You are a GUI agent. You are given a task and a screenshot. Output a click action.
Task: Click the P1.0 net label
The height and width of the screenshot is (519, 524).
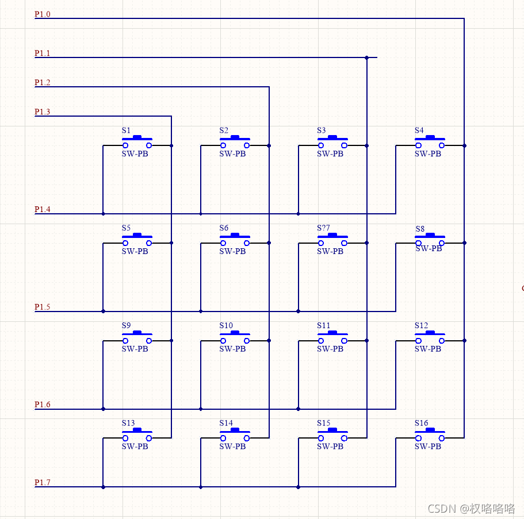point(42,14)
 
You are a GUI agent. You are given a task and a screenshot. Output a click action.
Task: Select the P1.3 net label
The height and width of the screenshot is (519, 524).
point(42,112)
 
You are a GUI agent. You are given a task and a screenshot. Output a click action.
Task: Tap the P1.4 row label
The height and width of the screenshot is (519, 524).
point(42,210)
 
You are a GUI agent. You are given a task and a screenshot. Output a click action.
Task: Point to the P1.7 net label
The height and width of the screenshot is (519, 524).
point(42,483)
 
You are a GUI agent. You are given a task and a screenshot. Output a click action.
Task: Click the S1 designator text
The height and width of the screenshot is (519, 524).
point(126,131)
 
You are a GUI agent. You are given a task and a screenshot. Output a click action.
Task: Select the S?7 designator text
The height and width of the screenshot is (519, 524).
point(323,228)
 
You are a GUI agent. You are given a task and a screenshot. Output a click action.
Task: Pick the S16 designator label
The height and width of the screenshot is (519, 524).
point(421,423)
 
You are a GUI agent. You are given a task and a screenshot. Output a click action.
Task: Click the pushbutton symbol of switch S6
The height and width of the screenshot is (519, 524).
point(235,239)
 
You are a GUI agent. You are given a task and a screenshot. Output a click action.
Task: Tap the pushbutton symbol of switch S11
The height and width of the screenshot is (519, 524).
point(332,337)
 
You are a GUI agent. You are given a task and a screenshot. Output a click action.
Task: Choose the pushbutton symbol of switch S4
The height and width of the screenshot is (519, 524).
point(430,142)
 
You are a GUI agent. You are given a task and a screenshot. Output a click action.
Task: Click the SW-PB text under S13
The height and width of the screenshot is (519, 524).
point(135,446)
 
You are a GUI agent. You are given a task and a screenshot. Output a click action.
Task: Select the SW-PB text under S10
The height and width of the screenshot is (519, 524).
point(232,349)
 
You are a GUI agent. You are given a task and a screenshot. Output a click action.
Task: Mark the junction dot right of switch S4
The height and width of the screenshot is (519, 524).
point(464,146)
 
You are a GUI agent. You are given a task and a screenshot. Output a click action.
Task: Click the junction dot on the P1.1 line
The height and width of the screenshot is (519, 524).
point(366,57)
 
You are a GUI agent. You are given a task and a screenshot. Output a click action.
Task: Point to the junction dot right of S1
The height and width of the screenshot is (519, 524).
point(171,146)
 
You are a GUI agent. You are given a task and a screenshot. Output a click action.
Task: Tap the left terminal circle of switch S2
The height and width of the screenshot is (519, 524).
point(223,146)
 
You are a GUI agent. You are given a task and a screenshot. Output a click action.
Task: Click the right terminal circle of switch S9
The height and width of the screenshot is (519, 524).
point(149,341)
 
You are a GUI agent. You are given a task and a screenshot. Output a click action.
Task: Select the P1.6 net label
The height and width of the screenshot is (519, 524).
point(42,405)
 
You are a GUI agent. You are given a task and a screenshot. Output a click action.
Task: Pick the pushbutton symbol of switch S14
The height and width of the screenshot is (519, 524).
point(235,434)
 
